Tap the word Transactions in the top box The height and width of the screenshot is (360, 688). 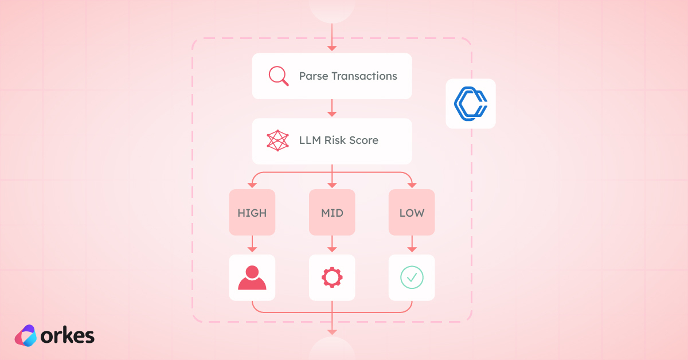364,76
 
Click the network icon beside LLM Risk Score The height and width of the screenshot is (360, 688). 277,140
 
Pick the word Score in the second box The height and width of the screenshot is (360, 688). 364,140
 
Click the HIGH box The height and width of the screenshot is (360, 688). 252,213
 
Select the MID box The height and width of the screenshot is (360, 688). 332,213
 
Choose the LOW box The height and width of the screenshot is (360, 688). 412,213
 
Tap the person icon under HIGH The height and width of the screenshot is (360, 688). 252,278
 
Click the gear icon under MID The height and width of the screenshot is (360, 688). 332,278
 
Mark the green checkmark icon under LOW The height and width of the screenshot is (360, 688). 412,278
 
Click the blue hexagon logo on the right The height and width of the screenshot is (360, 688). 470,103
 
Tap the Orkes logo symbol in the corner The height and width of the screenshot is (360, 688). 25,336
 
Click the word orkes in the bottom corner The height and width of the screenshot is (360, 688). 68,336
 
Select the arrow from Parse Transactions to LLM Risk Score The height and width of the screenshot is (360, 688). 332,108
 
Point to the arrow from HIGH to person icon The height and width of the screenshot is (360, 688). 252,245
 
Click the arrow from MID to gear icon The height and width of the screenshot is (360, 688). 332,245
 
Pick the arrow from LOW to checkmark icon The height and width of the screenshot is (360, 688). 412,245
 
